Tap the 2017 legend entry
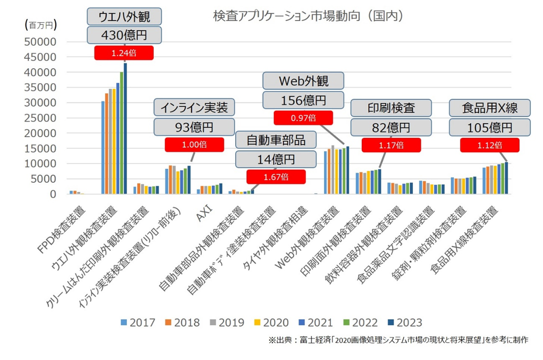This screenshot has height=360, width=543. (138, 322)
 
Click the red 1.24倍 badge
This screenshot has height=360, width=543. (123, 53)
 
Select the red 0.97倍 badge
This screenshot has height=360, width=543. (304, 118)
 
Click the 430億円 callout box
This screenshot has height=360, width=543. (123, 36)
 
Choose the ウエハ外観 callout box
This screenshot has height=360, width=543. (123, 17)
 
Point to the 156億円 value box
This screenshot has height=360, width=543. (304, 100)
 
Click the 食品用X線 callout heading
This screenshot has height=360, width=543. (489, 109)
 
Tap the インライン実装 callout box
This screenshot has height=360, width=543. (194, 108)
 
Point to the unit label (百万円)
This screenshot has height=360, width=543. (40, 24)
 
